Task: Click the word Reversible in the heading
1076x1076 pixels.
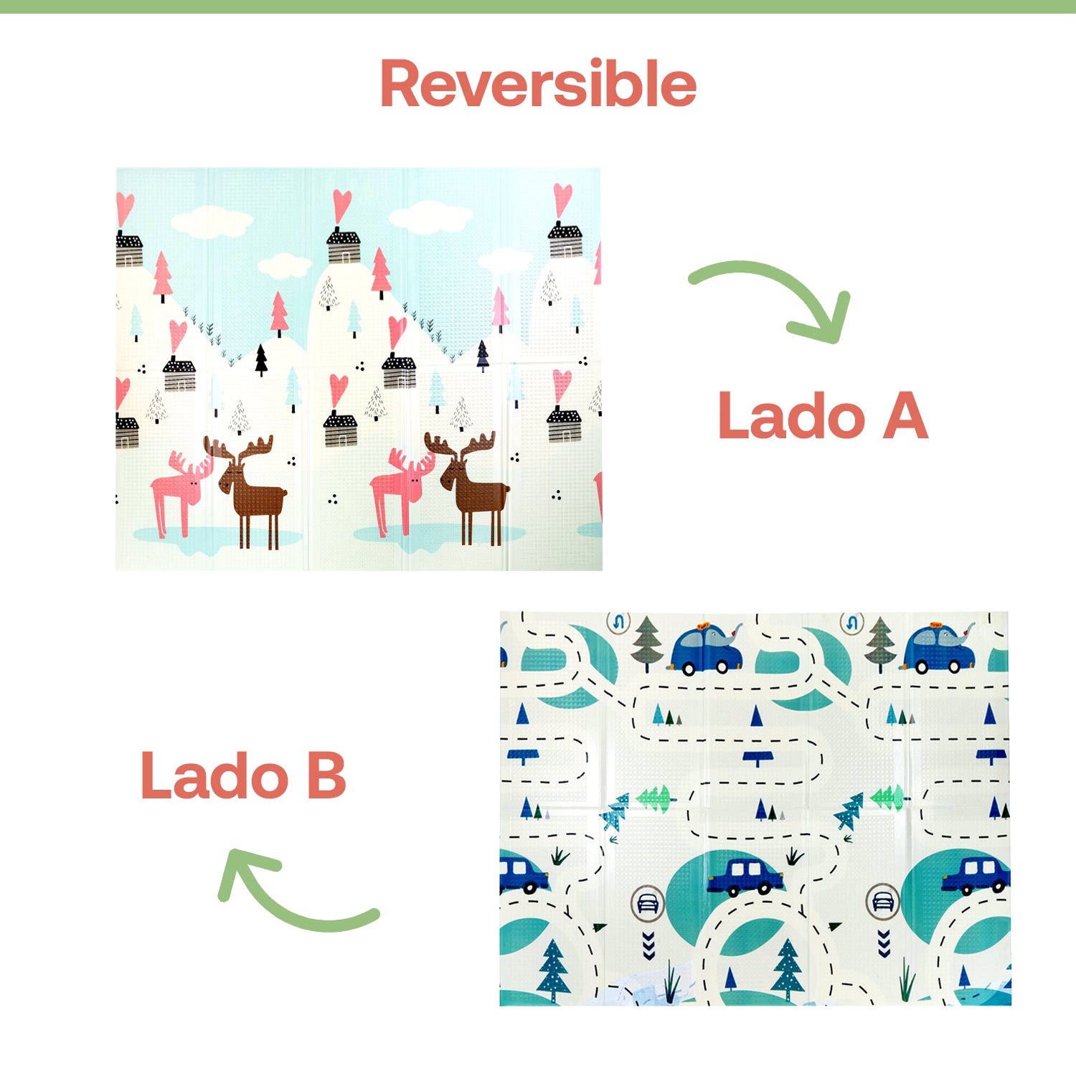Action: [x=538, y=84]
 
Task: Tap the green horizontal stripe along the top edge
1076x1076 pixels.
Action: [x=538, y=6]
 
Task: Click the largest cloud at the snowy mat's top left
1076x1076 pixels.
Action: [x=212, y=222]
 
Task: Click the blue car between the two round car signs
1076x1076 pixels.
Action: [x=746, y=876]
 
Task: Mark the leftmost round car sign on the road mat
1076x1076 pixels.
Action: [x=648, y=902]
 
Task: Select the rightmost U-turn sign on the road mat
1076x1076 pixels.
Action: [x=851, y=623]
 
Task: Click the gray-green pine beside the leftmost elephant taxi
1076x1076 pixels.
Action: [x=647, y=643]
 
